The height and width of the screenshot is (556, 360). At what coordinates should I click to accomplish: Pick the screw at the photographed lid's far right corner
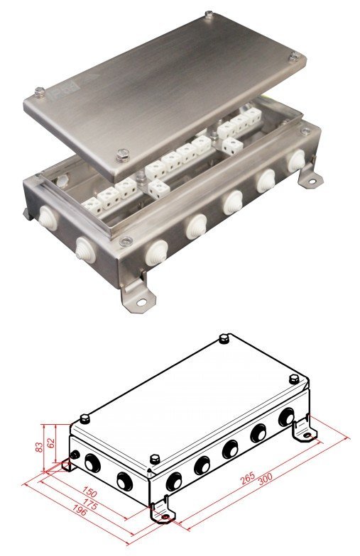click(293, 60)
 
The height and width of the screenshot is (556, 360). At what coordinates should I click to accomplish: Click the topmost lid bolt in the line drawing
click(224, 338)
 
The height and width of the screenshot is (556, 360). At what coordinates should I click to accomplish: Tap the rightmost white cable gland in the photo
click(293, 164)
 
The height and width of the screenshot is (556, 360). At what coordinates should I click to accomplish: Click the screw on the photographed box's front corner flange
click(126, 238)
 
